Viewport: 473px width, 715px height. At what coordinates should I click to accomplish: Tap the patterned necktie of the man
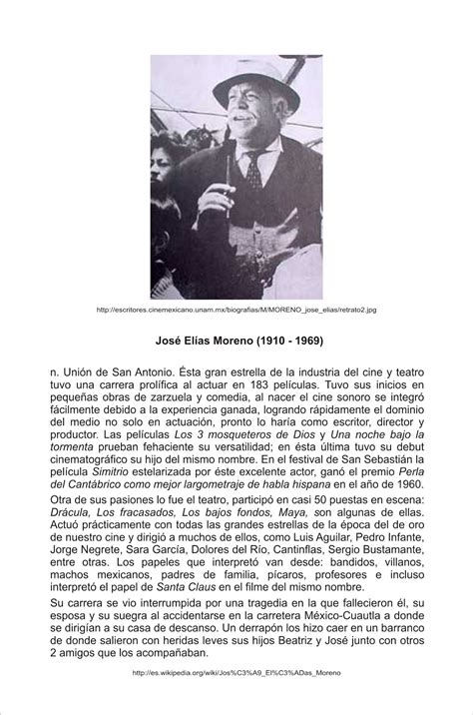254,179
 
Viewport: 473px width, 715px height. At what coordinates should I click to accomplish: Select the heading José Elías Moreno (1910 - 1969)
236,341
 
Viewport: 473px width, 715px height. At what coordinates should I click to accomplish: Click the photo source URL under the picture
236,310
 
